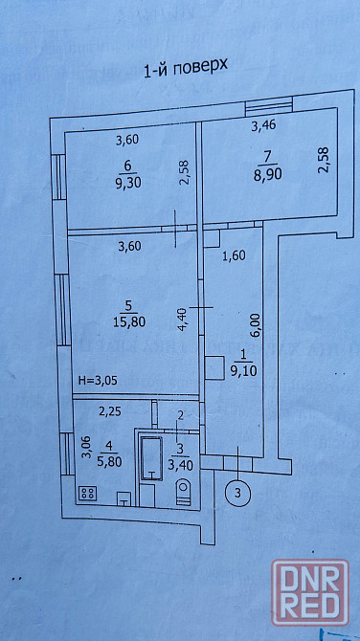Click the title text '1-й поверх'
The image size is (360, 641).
[x=186, y=70]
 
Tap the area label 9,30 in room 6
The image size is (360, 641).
[x=128, y=183]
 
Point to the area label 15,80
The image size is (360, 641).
[x=129, y=321]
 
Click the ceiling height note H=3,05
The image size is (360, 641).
[x=98, y=381]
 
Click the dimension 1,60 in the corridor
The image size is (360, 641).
[x=233, y=255]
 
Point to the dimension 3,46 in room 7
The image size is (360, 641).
[x=262, y=126]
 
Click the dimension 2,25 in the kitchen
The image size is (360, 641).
[x=109, y=412]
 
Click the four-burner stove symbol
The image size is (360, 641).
[x=87, y=493]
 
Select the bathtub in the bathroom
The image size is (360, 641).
[x=152, y=458]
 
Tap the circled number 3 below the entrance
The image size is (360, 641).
[x=237, y=492]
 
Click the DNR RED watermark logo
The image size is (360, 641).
[x=311, y=593]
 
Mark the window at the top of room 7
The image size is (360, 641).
[x=269, y=107]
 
